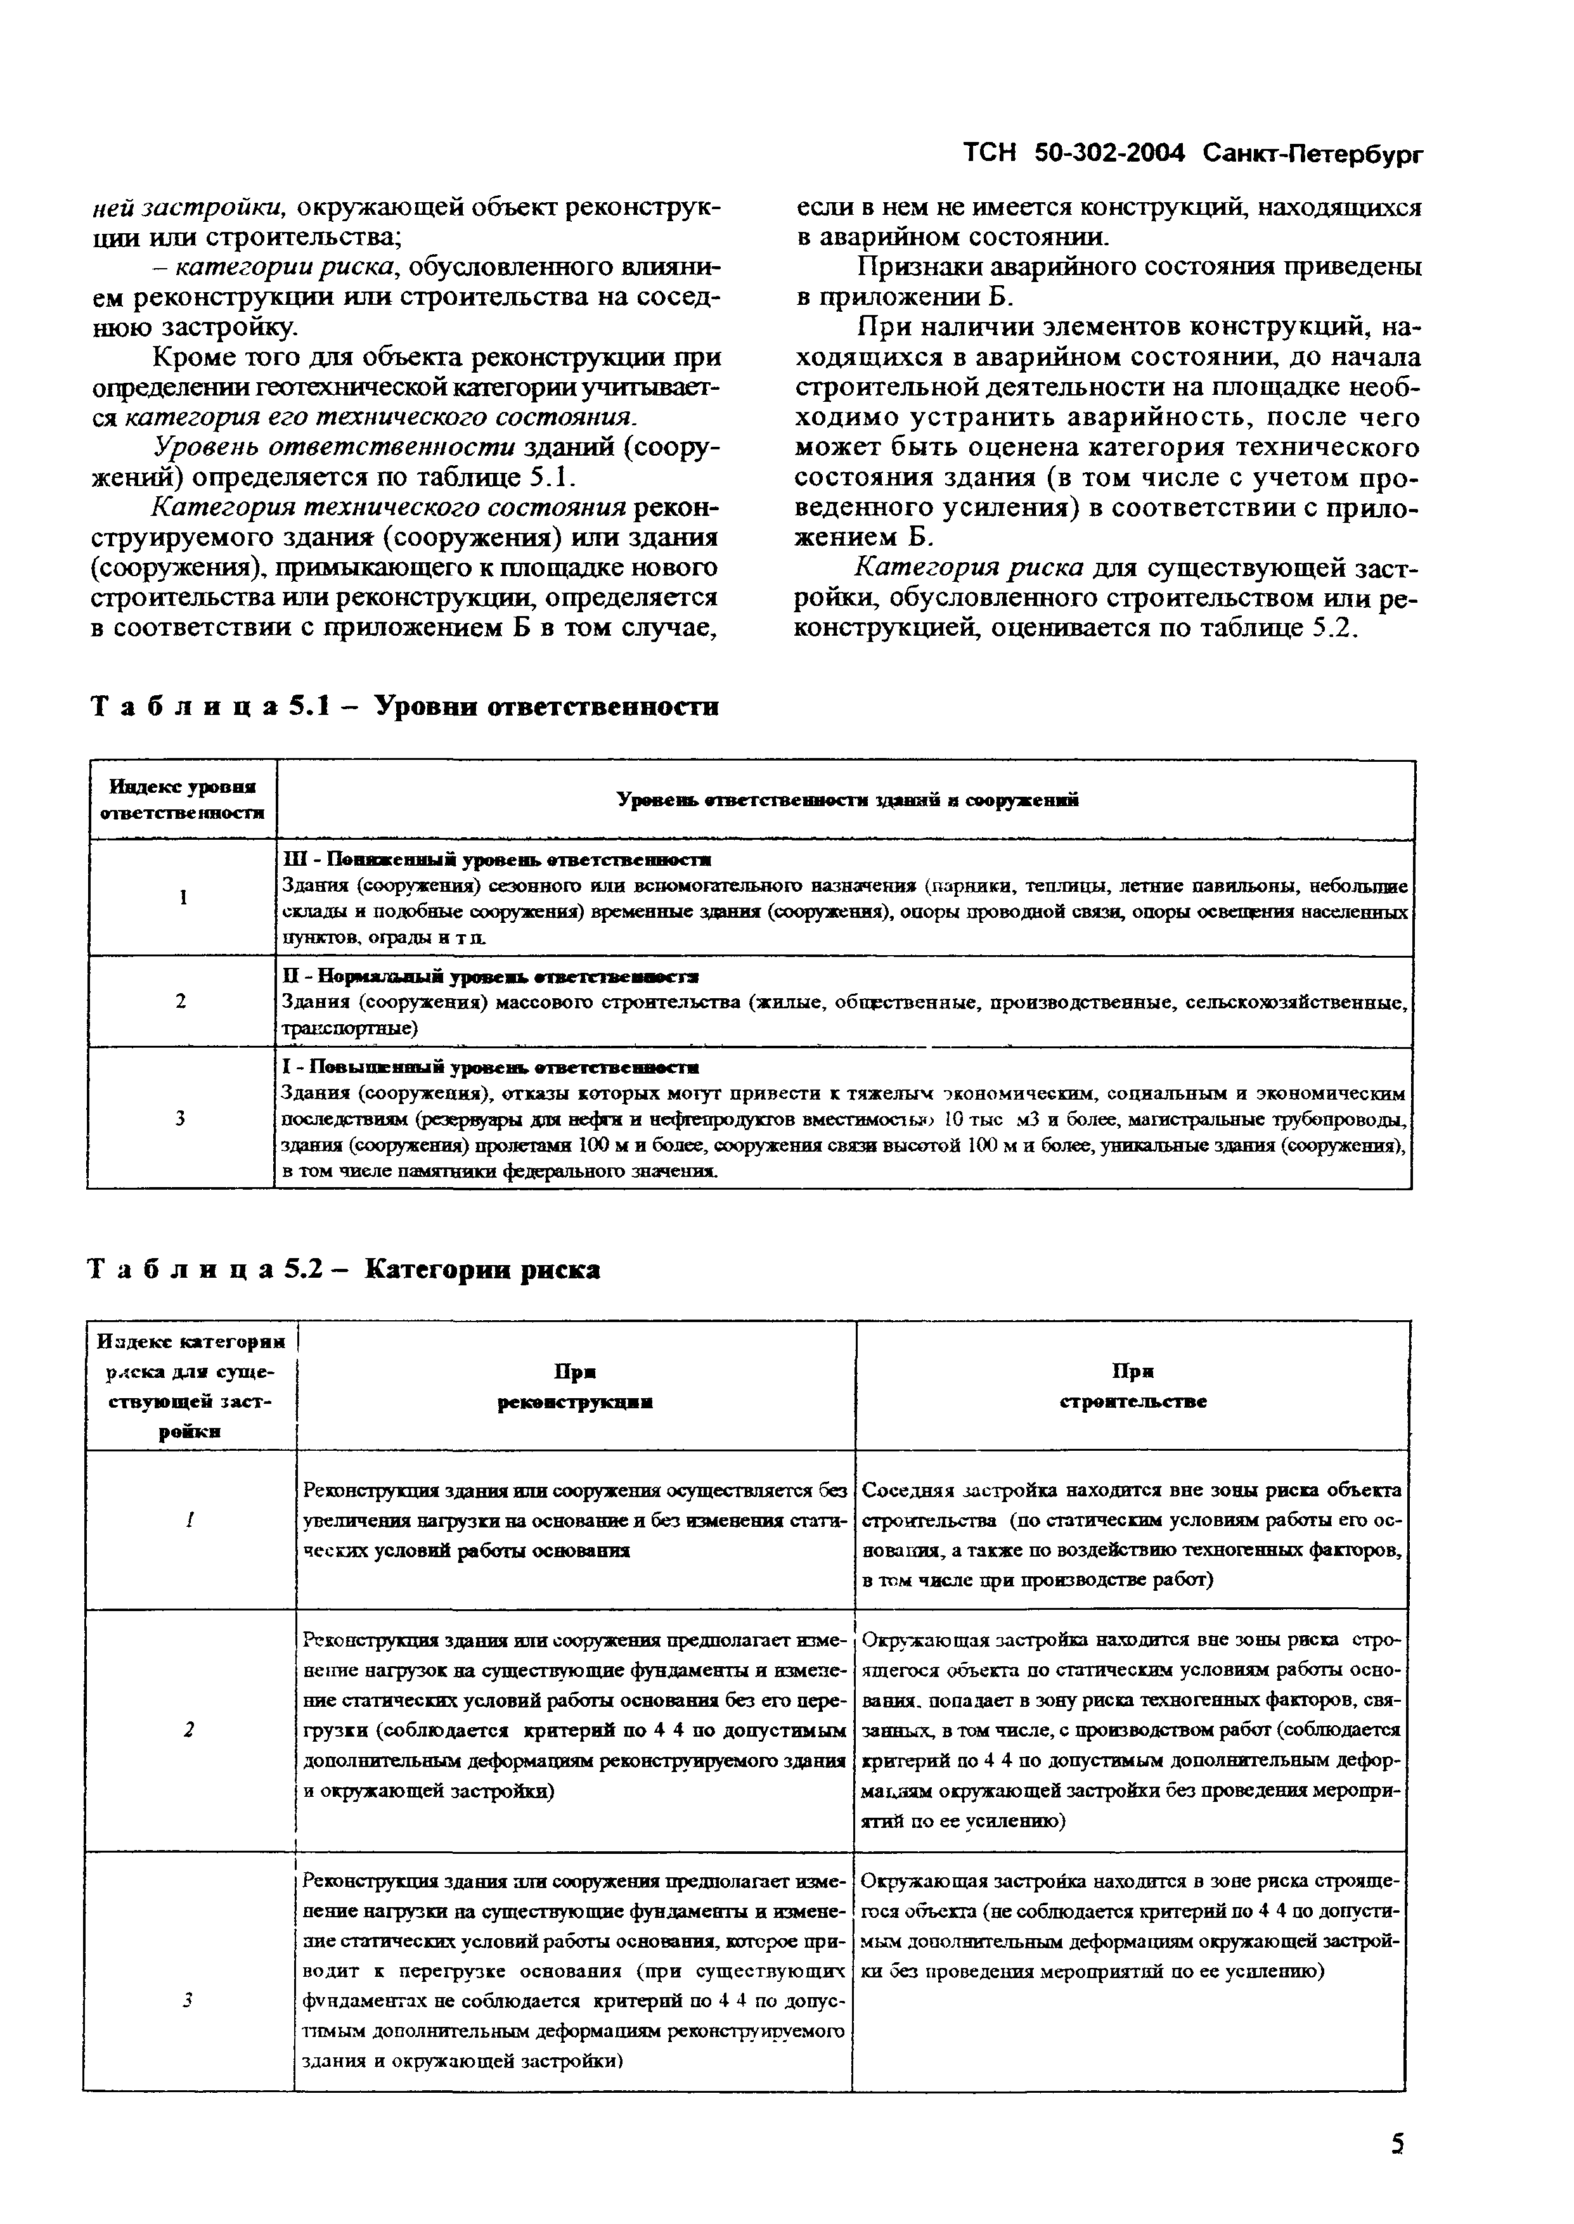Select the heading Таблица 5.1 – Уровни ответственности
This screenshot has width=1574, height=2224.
pyautogui.click(x=404, y=707)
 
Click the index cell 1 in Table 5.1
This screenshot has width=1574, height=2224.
pyautogui.click(x=182, y=898)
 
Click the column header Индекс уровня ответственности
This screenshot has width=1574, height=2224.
pyautogui.click(x=182, y=799)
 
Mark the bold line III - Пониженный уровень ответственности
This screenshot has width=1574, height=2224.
pyautogui.click(x=496, y=859)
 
